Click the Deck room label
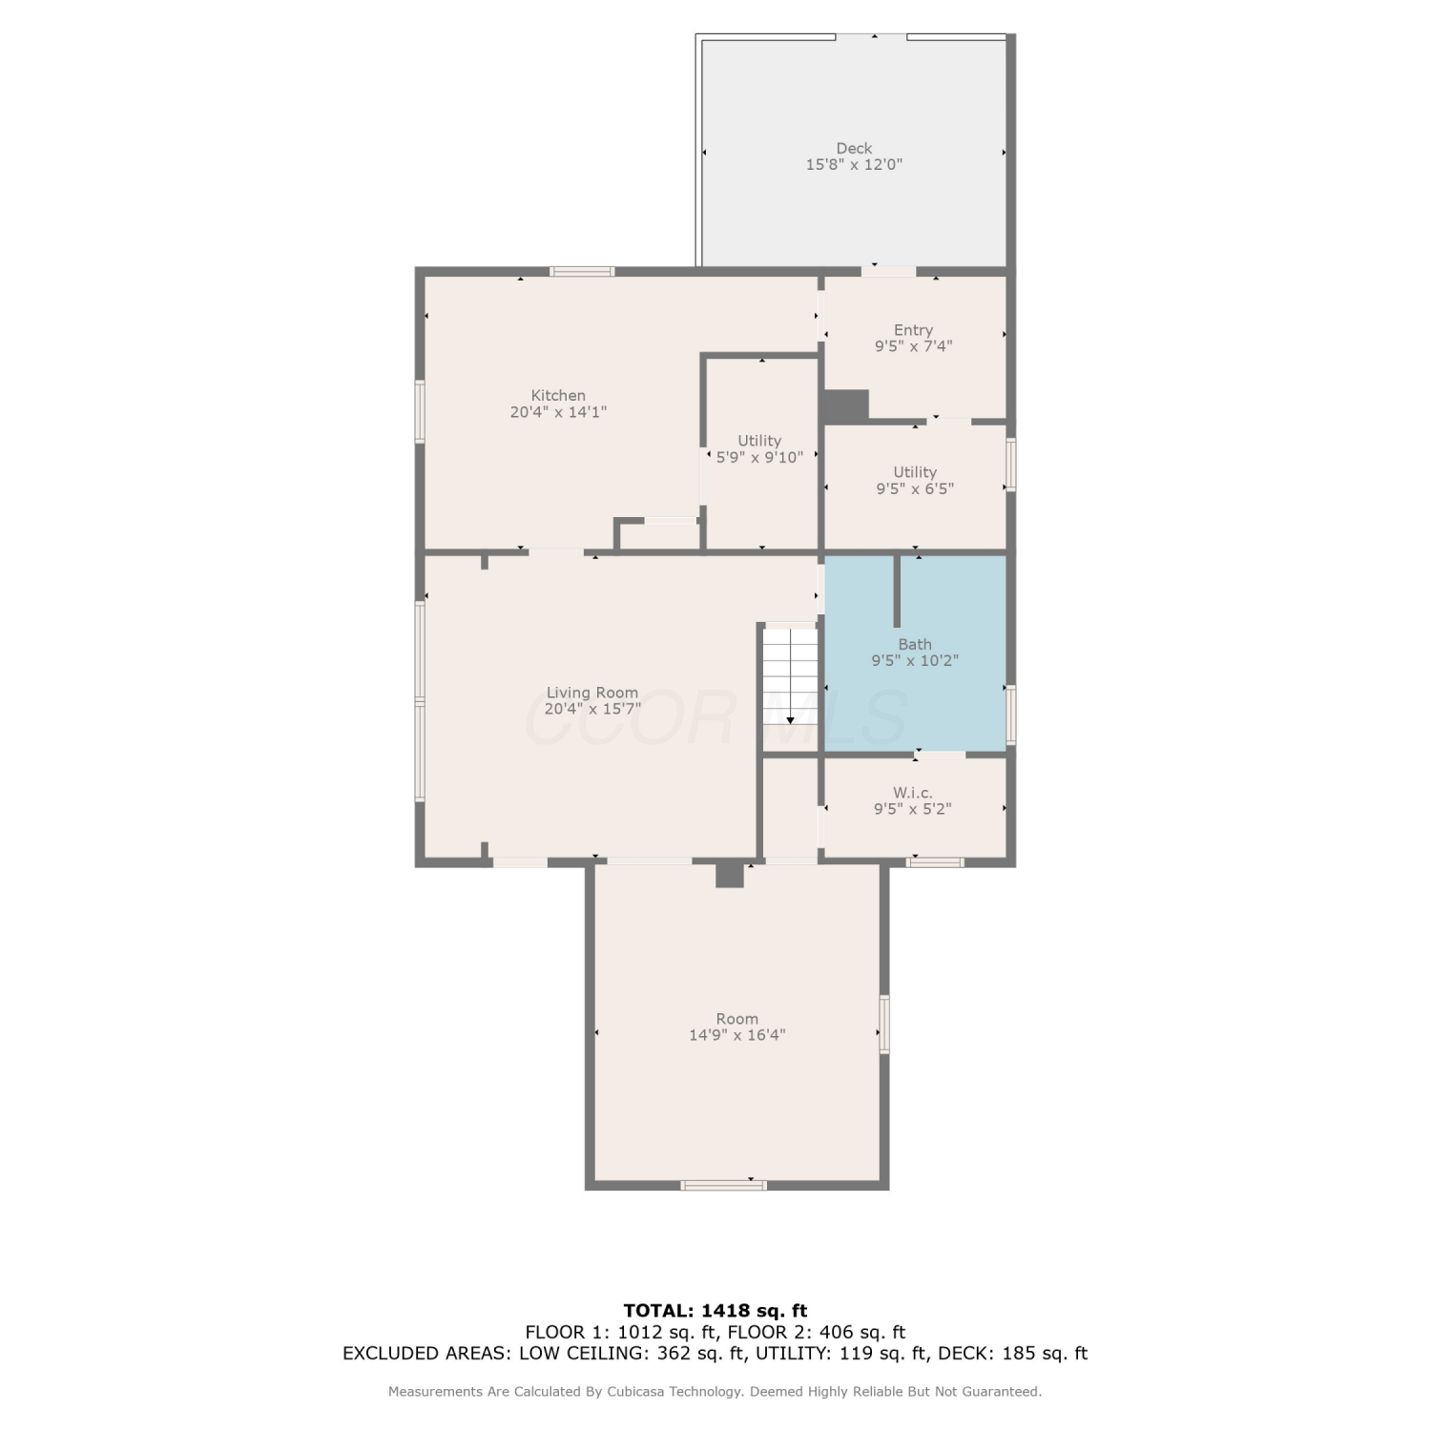(854, 148)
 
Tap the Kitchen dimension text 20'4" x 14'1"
(558, 412)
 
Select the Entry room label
(913, 330)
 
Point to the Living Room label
(592, 693)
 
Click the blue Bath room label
(915, 644)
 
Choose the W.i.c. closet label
(913, 792)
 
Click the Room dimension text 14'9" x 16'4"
(737, 1035)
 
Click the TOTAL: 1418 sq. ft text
(715, 1310)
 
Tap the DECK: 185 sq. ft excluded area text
(1013, 1353)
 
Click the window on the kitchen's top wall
(583, 272)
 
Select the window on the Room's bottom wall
(723, 1185)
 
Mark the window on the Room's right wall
(884, 1024)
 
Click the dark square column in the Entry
(845, 405)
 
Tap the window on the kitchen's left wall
(420, 411)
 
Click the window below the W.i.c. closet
(935, 862)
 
